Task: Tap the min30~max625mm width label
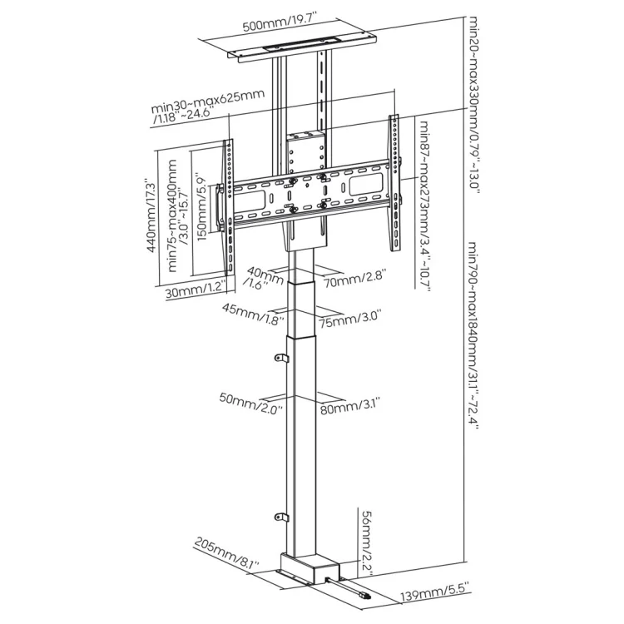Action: [x=207, y=106]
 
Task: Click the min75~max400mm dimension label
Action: [x=178, y=219]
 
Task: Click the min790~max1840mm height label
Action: [x=473, y=333]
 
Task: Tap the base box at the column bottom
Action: [x=305, y=571]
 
